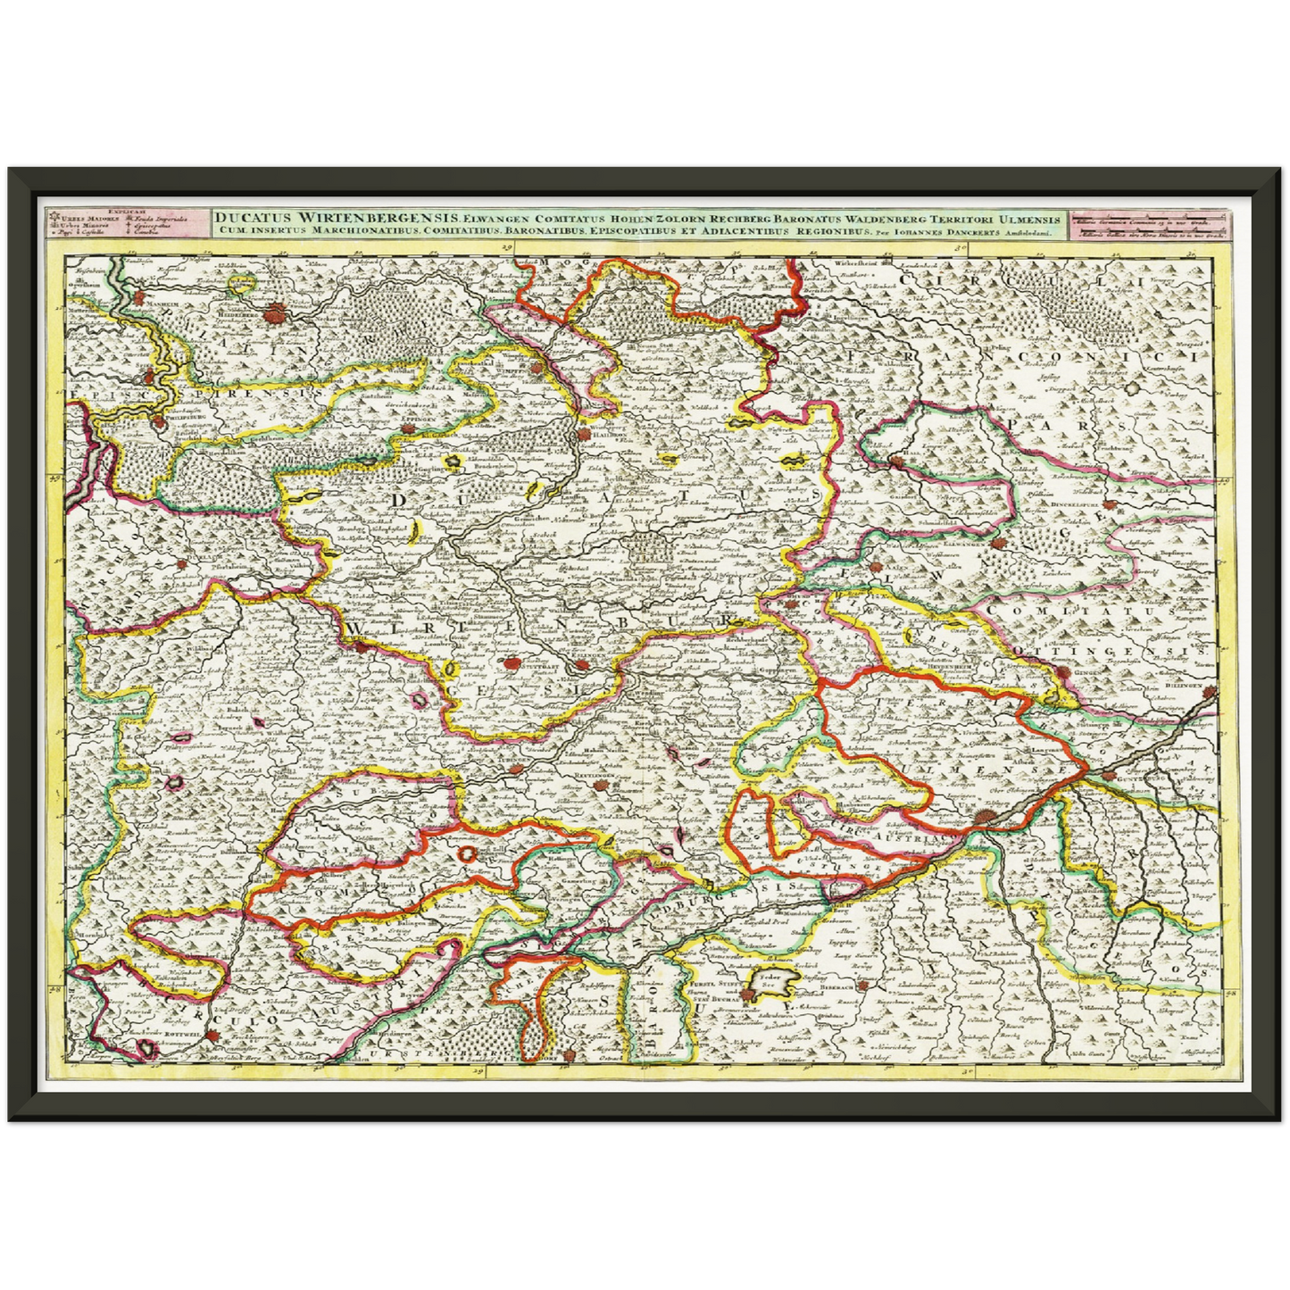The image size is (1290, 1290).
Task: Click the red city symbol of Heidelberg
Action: [278, 312]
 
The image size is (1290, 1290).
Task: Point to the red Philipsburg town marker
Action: [157, 423]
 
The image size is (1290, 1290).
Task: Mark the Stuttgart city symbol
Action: [511, 663]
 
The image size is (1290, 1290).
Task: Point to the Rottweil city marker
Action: [214, 1036]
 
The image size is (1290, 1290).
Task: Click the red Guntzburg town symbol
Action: [1108, 776]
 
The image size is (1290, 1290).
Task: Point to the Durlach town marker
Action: [189, 563]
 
